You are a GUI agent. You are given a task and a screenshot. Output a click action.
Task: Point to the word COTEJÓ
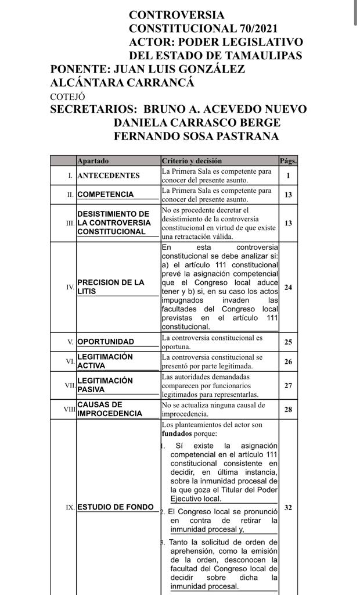(x=68, y=96)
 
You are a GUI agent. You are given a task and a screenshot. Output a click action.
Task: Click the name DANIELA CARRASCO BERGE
(x=197, y=123)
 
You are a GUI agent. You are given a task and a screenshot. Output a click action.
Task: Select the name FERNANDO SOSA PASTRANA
(x=196, y=137)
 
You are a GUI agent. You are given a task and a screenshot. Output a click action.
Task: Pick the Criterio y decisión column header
(x=192, y=160)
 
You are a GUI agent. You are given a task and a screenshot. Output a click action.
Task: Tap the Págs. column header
(x=288, y=160)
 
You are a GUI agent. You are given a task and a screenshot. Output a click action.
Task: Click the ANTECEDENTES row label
(x=109, y=175)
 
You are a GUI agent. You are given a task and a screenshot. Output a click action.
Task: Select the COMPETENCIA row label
(x=105, y=195)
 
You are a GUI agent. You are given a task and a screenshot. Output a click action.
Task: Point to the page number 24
(x=288, y=287)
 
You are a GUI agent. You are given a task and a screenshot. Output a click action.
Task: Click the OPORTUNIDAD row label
(x=106, y=342)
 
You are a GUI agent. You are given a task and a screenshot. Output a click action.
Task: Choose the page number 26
(x=288, y=361)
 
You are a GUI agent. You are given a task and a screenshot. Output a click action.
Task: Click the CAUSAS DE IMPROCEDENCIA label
(x=110, y=409)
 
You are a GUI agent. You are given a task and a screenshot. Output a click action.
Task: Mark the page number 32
(x=288, y=507)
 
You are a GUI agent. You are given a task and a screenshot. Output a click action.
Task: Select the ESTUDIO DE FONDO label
(x=115, y=507)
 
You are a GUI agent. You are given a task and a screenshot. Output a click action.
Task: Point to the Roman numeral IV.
(x=70, y=287)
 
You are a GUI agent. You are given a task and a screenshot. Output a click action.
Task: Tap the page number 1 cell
(x=288, y=175)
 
